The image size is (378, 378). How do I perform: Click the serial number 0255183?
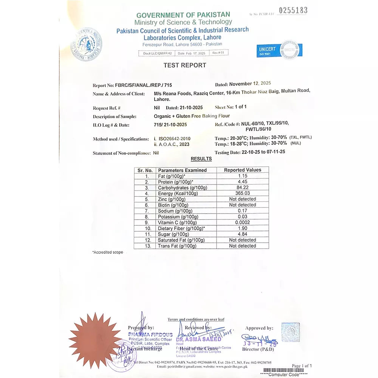293,11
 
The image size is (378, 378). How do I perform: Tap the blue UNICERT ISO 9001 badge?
280,50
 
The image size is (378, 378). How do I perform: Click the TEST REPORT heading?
185,65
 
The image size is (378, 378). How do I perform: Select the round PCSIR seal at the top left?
87,44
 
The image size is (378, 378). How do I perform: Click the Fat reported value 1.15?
242,176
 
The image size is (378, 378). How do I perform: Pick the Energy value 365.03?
242,194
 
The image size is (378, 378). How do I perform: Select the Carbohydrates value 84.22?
242,187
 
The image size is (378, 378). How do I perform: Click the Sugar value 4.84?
242,234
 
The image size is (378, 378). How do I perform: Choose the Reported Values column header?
242,170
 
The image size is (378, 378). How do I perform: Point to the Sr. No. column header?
145,170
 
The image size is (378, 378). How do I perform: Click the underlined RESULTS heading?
201,159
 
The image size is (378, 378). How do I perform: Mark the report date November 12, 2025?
250,84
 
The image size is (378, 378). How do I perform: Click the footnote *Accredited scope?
108,252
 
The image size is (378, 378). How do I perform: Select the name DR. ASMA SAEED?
199,339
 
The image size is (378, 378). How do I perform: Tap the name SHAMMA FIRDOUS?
150,335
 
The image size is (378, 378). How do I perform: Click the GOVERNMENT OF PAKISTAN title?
183,15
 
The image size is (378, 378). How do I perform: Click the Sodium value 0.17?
242,211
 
